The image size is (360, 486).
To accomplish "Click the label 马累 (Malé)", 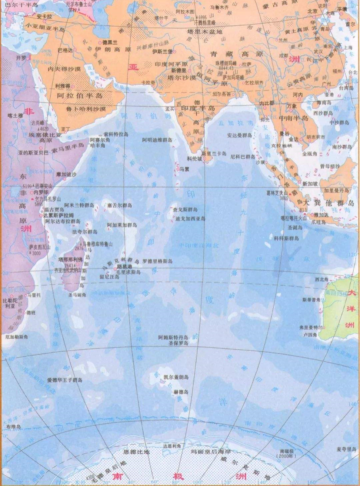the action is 184,169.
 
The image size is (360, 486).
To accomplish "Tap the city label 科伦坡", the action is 194,159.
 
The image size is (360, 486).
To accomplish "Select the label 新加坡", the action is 310,183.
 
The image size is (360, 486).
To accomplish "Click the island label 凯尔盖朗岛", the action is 176,377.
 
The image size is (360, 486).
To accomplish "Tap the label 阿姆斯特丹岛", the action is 173,338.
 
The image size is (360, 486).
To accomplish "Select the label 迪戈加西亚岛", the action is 190,219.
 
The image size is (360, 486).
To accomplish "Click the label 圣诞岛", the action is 295,228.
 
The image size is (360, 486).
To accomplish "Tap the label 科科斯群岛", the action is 286,238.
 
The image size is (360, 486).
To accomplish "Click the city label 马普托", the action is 34,295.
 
